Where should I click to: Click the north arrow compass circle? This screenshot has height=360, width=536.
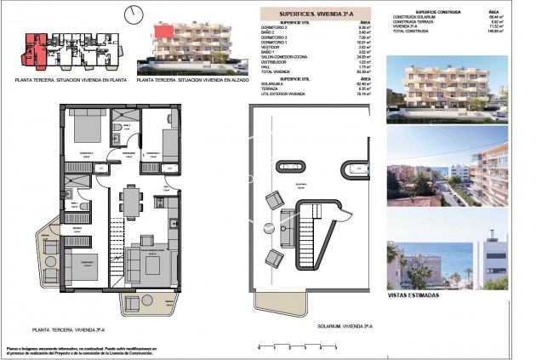coord(132,14)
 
